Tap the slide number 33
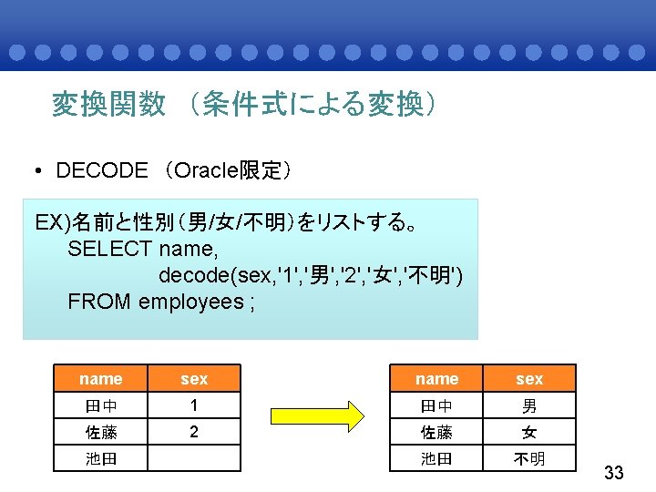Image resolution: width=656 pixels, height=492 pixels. pyautogui.click(x=614, y=473)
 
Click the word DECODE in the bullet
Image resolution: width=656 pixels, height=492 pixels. pyautogui.click(x=101, y=170)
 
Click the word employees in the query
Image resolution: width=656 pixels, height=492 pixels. pyautogui.click(x=190, y=302)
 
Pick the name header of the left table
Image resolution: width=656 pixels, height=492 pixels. pyautogui.click(x=100, y=379)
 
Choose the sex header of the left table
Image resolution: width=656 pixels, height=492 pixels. pyautogui.click(x=194, y=379)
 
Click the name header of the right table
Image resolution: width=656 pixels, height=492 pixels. pyautogui.click(x=436, y=379)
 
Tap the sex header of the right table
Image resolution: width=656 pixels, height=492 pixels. pyautogui.click(x=529, y=379)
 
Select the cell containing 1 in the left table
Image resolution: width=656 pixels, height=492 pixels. pyautogui.click(x=194, y=405)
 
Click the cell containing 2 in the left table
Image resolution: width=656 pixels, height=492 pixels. pyautogui.click(x=194, y=432)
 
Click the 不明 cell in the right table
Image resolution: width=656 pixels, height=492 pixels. pyautogui.click(x=529, y=458)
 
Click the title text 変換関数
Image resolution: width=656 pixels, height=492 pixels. pyautogui.click(x=108, y=105)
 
